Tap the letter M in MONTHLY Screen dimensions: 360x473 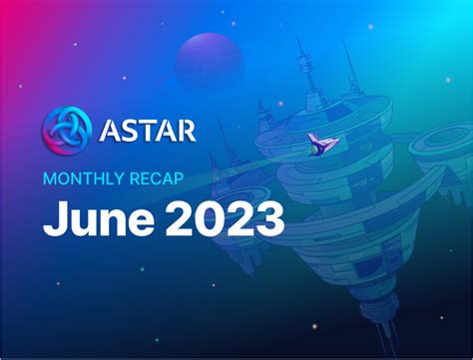48,180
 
